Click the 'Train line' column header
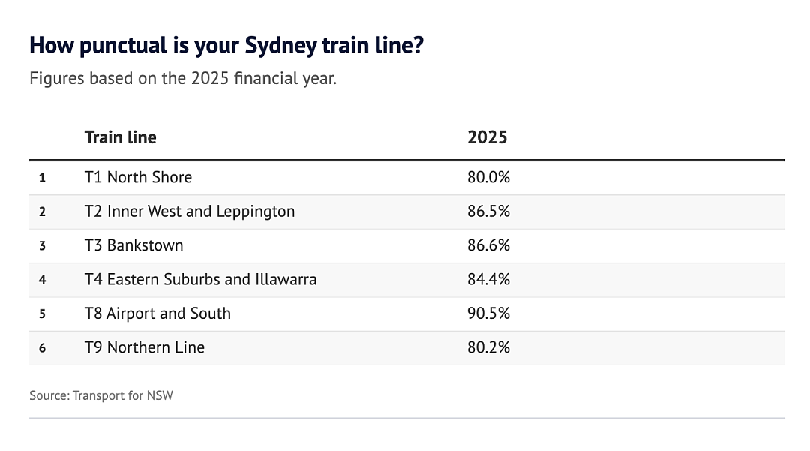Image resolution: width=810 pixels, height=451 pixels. click(120, 137)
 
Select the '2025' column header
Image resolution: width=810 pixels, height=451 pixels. click(487, 137)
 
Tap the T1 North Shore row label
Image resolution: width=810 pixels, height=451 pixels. click(138, 177)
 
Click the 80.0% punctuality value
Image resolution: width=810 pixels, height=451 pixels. click(488, 177)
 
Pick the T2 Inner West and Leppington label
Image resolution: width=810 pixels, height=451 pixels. click(190, 212)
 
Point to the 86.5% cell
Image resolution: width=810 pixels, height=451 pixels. click(488, 212)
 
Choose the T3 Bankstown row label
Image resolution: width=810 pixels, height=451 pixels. click(133, 245)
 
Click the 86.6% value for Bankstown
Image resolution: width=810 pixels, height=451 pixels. click(488, 245)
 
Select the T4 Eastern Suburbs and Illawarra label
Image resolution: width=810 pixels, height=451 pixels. click(200, 279)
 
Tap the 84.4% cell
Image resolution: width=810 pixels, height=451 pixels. click(488, 279)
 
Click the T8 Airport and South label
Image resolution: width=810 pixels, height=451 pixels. click(157, 314)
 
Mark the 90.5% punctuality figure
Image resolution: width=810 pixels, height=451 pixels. click(488, 314)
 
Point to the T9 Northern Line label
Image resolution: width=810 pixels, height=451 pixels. click(144, 347)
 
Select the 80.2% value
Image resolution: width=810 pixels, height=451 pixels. click(488, 347)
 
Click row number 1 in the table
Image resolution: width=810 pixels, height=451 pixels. click(42, 179)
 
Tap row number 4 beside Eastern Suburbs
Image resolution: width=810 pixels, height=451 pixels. click(42, 280)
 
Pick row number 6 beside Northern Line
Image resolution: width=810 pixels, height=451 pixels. click(42, 348)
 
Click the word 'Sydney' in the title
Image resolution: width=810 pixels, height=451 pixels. click(280, 46)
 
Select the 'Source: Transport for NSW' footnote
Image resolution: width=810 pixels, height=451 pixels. click(101, 395)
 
